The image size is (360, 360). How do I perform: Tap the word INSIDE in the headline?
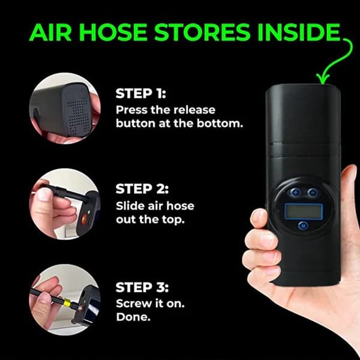pyautogui.click(x=298, y=32)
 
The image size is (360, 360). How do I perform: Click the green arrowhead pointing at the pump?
pyautogui.click(x=323, y=79)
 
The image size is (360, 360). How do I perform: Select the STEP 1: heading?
pyautogui.click(x=140, y=94)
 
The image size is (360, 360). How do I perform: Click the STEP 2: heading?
pyautogui.click(x=142, y=189)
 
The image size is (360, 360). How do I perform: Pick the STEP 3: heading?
pyautogui.click(x=142, y=287)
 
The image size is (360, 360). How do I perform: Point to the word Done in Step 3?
pyautogui.click(x=133, y=317)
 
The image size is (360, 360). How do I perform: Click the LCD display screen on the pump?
pyautogui.click(x=304, y=211)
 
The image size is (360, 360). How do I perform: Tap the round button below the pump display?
pyautogui.click(x=303, y=225)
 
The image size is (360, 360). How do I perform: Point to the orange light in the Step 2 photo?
pyautogui.click(x=85, y=217)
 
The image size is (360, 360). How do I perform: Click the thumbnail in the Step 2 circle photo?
pyautogui.click(x=43, y=194)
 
